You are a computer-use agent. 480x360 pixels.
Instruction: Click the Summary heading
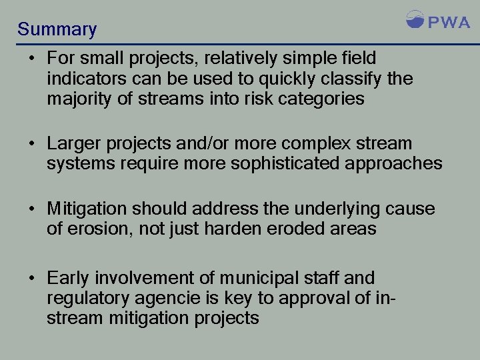coord(57,29)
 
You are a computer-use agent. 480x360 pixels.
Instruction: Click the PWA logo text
coord(449,22)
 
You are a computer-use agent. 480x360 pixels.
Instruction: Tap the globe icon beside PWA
coord(415,19)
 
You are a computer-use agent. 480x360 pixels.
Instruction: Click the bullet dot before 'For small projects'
coord(31,59)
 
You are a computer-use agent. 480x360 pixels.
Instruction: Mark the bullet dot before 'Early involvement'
coord(31,277)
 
